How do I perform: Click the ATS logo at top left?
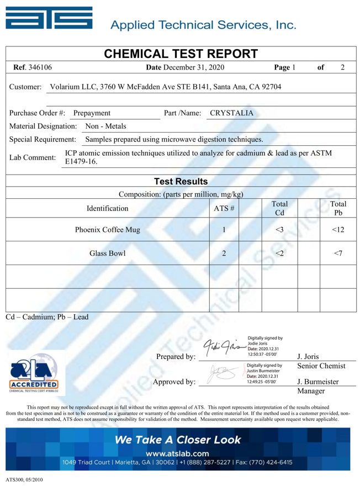(x=50, y=20)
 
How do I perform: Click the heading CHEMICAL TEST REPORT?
(x=181, y=54)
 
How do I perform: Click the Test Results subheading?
(x=181, y=181)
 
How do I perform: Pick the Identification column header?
(x=108, y=209)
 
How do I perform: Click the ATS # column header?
(x=224, y=209)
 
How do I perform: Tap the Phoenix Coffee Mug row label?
(x=108, y=229)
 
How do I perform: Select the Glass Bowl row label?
(x=108, y=254)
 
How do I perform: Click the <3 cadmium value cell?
(x=279, y=229)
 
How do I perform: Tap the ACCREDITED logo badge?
(x=35, y=372)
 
